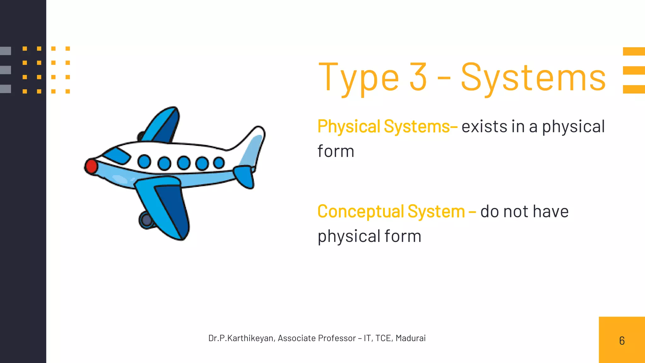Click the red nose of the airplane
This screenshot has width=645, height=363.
[91, 166]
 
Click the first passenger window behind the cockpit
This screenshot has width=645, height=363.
[144, 162]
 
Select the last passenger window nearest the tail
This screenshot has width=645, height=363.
[219, 163]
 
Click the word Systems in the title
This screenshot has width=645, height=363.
[533, 78]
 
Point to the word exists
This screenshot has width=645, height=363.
[484, 127]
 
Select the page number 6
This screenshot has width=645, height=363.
[622, 341]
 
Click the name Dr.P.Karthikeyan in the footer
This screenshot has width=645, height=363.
[241, 338]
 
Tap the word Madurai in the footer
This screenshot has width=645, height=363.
[410, 338]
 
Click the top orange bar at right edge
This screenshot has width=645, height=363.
[634, 51]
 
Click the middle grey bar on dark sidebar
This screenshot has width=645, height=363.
[5, 70]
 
